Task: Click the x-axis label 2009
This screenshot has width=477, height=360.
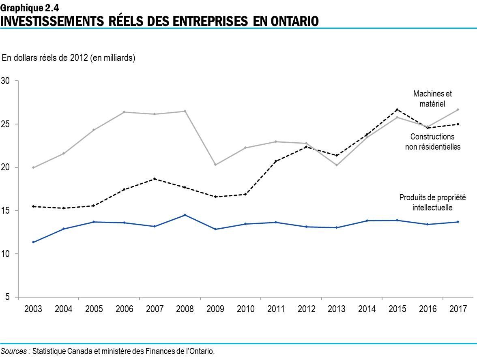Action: pyautogui.click(x=215, y=309)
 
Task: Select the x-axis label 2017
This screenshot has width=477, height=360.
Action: pyautogui.click(x=458, y=309)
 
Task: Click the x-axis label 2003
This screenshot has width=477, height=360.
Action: pyautogui.click(x=33, y=309)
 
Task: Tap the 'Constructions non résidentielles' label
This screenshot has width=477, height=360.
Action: pyautogui.click(x=432, y=142)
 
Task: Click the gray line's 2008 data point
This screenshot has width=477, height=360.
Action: pyautogui.click(x=185, y=111)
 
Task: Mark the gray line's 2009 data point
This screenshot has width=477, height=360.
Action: pyautogui.click(x=215, y=165)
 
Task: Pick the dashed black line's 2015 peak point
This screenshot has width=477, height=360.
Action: pyautogui.click(x=397, y=109)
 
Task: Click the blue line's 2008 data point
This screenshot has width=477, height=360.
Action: pyautogui.click(x=185, y=215)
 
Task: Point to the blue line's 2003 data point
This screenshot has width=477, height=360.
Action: pyautogui.click(x=33, y=242)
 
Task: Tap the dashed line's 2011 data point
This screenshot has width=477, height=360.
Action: pyautogui.click(x=276, y=161)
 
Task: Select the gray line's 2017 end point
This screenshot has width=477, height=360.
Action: pyautogui.click(x=458, y=109)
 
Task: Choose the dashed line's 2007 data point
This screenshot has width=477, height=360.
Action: pyautogui.click(x=155, y=179)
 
